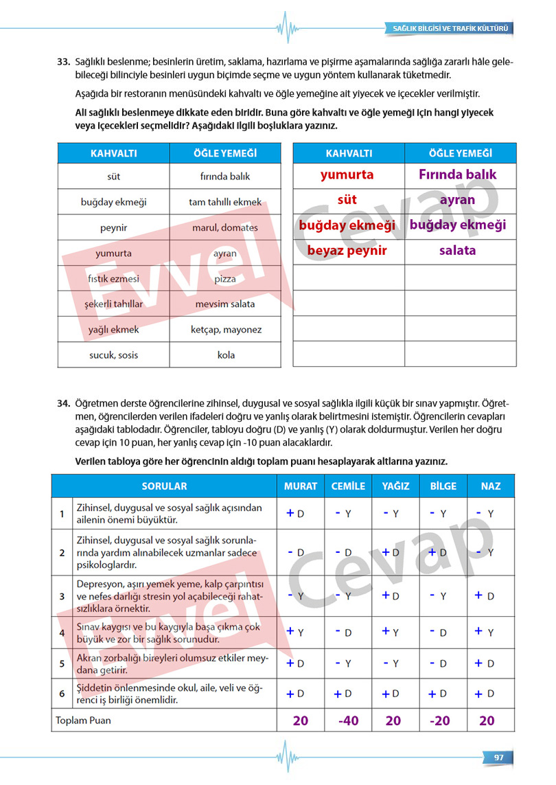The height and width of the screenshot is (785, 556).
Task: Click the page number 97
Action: coord(499,757)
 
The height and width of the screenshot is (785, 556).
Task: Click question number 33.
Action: coord(64,62)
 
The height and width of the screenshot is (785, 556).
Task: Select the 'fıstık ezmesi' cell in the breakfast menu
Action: coord(113,279)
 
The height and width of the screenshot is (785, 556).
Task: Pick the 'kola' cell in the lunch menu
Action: coord(225,355)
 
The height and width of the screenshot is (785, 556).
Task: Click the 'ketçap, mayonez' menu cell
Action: coord(225,330)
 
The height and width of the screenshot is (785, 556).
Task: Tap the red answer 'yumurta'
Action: coord(347,174)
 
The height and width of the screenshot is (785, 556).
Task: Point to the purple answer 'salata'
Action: coord(457,250)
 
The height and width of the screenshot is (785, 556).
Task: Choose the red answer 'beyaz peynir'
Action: coord(347,250)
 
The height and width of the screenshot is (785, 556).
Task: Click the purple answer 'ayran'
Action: coord(457,200)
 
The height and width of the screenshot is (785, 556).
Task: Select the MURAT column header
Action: coord(301,486)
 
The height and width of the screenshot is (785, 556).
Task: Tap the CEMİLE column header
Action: coord(348,486)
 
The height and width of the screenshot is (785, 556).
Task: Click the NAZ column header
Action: coord(490,486)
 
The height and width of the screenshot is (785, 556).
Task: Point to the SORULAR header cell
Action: coord(164,486)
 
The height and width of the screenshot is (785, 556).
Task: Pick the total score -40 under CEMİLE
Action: coord(348,720)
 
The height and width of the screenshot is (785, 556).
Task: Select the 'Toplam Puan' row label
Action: coord(82,720)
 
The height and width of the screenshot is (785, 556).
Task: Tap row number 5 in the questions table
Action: coord(62,664)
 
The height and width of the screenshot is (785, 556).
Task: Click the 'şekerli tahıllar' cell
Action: coord(113,304)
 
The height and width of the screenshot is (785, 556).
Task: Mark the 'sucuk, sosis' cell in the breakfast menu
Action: coord(113,355)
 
